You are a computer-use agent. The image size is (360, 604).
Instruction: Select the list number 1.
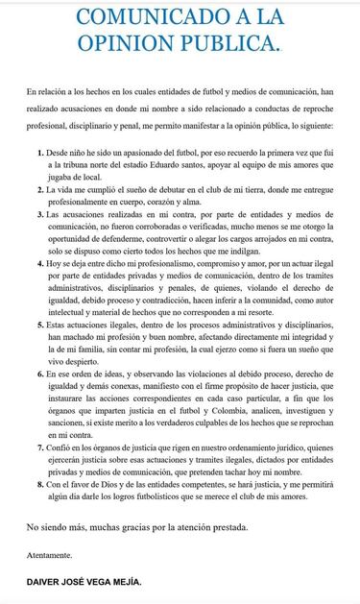(37, 154)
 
